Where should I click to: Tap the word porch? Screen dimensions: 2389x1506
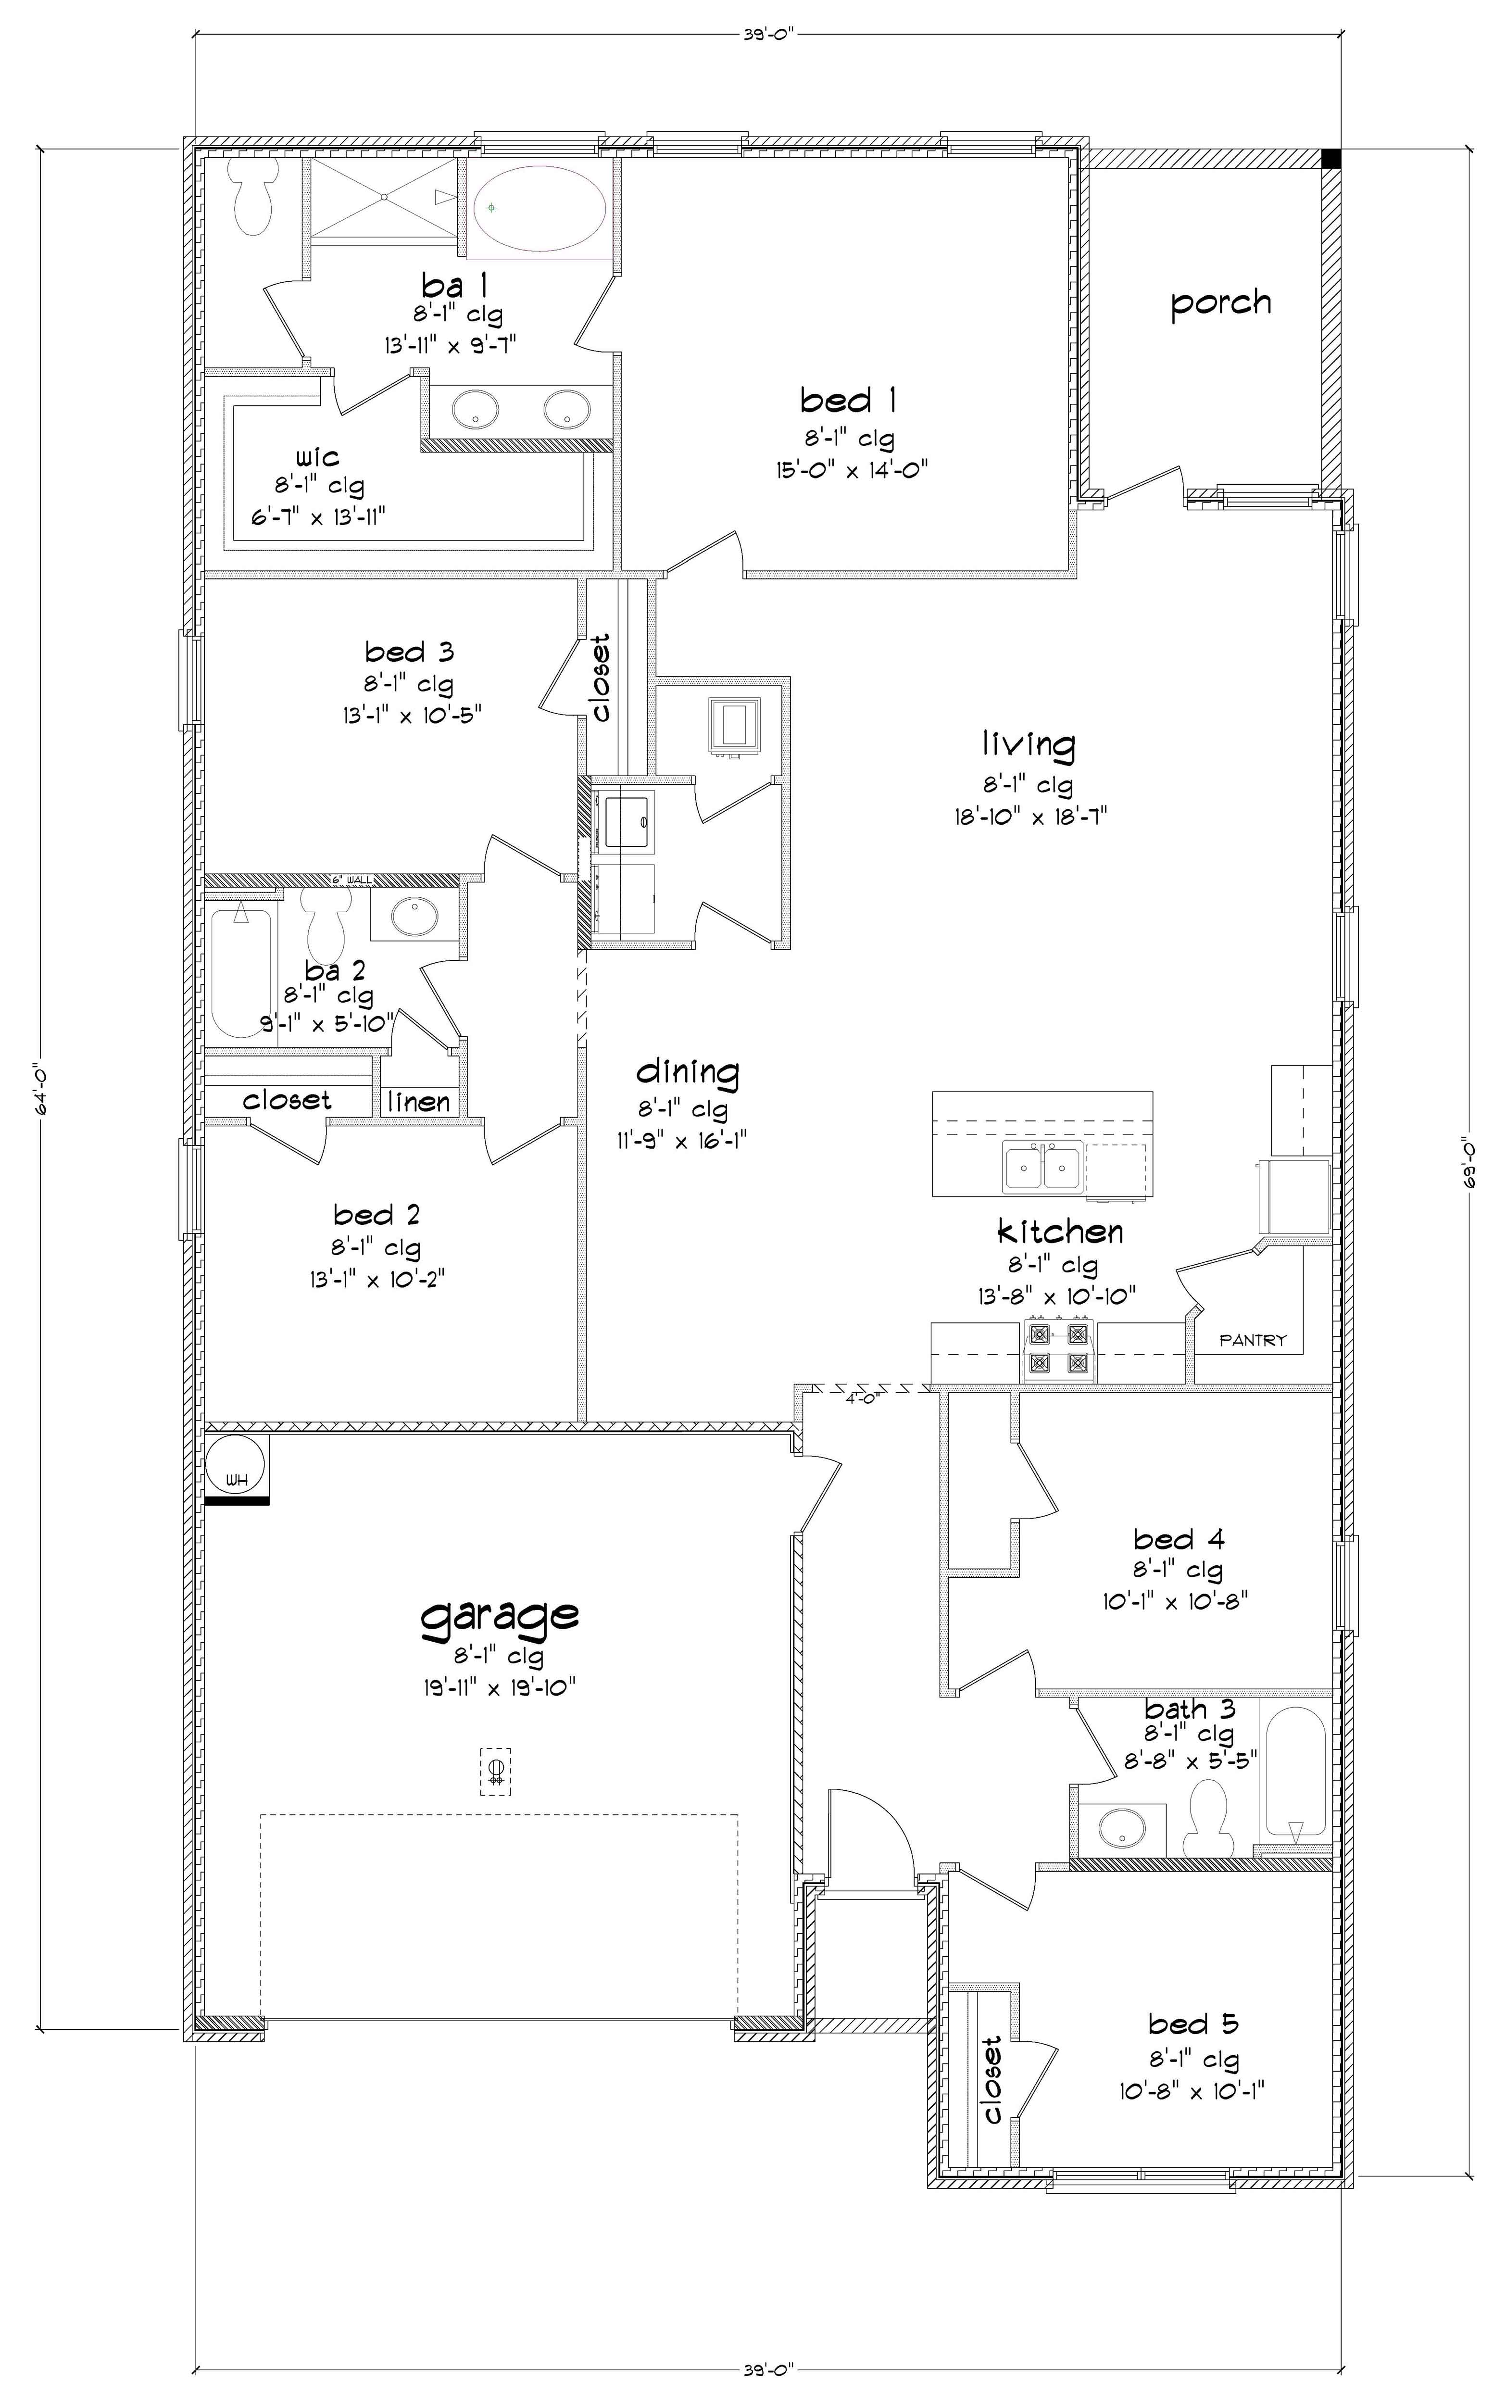tap(1220, 302)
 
